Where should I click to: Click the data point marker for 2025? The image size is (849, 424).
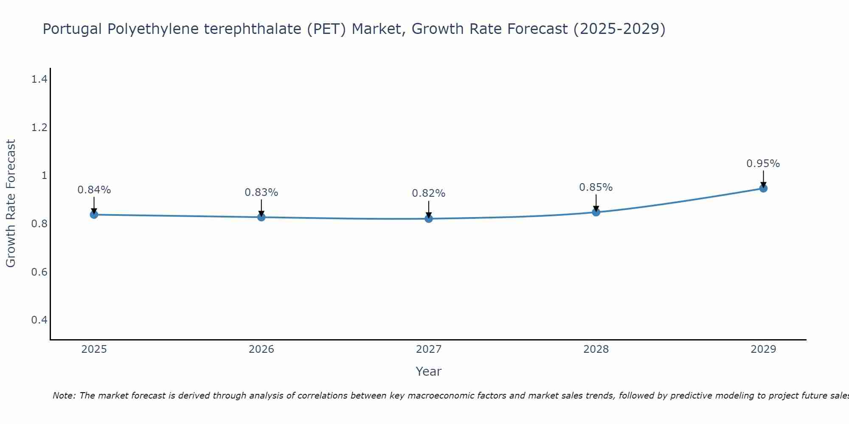(94, 215)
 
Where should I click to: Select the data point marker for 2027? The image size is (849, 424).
(429, 219)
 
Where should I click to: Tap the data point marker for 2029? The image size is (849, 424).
(763, 188)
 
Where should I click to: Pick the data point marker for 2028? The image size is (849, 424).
(596, 212)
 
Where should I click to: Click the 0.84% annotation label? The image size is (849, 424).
(94, 190)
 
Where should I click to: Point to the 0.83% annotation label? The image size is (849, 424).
(261, 192)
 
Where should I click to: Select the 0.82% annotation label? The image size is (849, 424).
(429, 193)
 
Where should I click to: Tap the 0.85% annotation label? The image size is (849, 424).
(596, 187)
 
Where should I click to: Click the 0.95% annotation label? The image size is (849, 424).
(763, 164)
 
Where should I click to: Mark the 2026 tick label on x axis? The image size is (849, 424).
(261, 349)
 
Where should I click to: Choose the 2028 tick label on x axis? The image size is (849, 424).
(596, 349)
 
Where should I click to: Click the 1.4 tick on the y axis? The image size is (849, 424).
(39, 79)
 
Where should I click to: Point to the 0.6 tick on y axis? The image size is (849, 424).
(39, 272)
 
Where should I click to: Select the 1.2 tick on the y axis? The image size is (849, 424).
(39, 127)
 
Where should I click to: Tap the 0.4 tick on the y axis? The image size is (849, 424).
(39, 320)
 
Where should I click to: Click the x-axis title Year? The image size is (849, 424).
(429, 371)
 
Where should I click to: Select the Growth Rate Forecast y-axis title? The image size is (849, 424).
(11, 204)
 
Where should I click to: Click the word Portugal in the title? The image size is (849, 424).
(73, 29)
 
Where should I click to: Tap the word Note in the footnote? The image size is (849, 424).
(64, 396)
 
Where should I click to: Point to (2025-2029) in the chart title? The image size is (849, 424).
(619, 29)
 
